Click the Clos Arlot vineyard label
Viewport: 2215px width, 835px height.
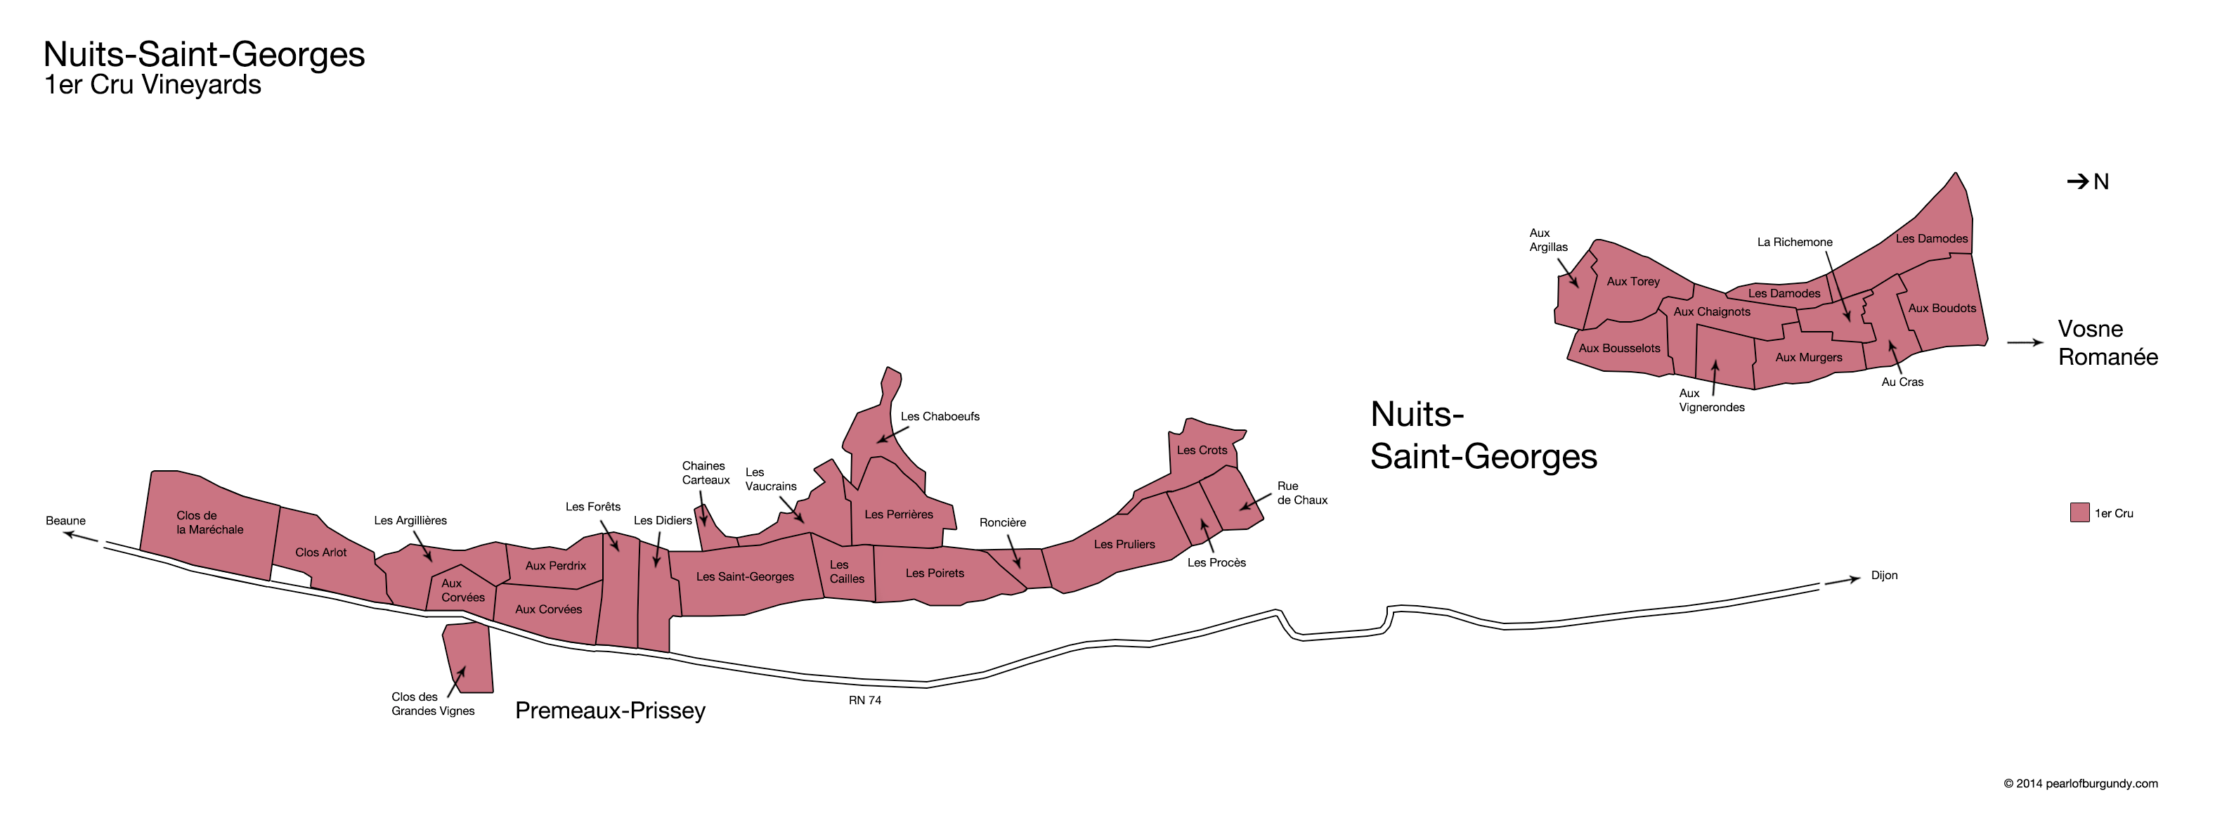[x=320, y=552]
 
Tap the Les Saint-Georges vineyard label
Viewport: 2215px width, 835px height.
[x=745, y=576]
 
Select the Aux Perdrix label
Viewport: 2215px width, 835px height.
[x=555, y=565]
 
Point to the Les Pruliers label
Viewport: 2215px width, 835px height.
[x=1124, y=543]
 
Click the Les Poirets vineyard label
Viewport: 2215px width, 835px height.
[x=935, y=573]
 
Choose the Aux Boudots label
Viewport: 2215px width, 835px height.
[x=1942, y=308]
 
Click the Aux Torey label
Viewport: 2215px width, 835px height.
[x=1633, y=281]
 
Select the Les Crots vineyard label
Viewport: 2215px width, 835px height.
[x=1201, y=450]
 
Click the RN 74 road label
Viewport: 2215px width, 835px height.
[x=864, y=700]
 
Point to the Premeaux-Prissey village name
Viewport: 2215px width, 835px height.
[x=610, y=711]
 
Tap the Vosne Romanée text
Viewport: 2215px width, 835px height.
[x=2107, y=343]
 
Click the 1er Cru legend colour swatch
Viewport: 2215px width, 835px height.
[x=2079, y=512]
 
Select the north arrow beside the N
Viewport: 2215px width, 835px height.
[x=2077, y=181]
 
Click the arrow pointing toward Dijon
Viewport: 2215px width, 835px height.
[x=1842, y=581]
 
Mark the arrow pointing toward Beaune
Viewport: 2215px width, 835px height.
[x=81, y=536]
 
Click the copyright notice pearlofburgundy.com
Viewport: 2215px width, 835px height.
[x=2080, y=784]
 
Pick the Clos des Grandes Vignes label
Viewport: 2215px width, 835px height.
[x=432, y=704]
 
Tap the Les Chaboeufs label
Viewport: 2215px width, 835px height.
[x=940, y=416]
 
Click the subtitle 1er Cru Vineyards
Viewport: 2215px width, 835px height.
[x=152, y=85]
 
